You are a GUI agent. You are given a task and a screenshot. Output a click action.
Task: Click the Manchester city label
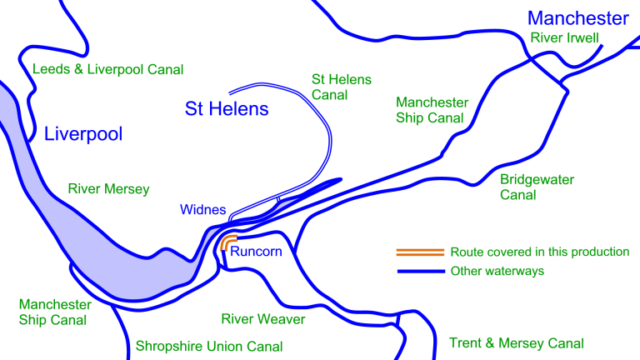577,17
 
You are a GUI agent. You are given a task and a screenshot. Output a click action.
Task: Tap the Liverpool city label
82,134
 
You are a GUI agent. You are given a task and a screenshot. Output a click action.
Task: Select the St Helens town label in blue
226,108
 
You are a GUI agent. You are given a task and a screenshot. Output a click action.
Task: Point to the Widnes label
202,209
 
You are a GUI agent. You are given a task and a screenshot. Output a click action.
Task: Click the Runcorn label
256,251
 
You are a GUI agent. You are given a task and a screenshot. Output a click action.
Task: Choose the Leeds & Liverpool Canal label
107,69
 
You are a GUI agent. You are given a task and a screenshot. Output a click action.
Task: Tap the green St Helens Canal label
342,87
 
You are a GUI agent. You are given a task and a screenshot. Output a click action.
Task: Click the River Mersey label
108,189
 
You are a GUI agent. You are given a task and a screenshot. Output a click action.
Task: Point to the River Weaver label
262,319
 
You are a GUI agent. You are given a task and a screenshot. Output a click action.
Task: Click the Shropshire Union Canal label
208,346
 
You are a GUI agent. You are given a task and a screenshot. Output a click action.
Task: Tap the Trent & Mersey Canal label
516,342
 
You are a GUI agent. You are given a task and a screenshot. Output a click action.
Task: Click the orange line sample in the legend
419,252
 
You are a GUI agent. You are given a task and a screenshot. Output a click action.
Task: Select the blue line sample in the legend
419,271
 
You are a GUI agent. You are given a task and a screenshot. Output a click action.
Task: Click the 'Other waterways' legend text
498,271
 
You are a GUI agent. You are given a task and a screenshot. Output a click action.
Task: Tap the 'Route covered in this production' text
539,252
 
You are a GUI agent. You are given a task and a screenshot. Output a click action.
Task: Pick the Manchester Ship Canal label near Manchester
432,110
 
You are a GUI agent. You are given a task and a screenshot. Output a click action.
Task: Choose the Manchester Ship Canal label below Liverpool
55,312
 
